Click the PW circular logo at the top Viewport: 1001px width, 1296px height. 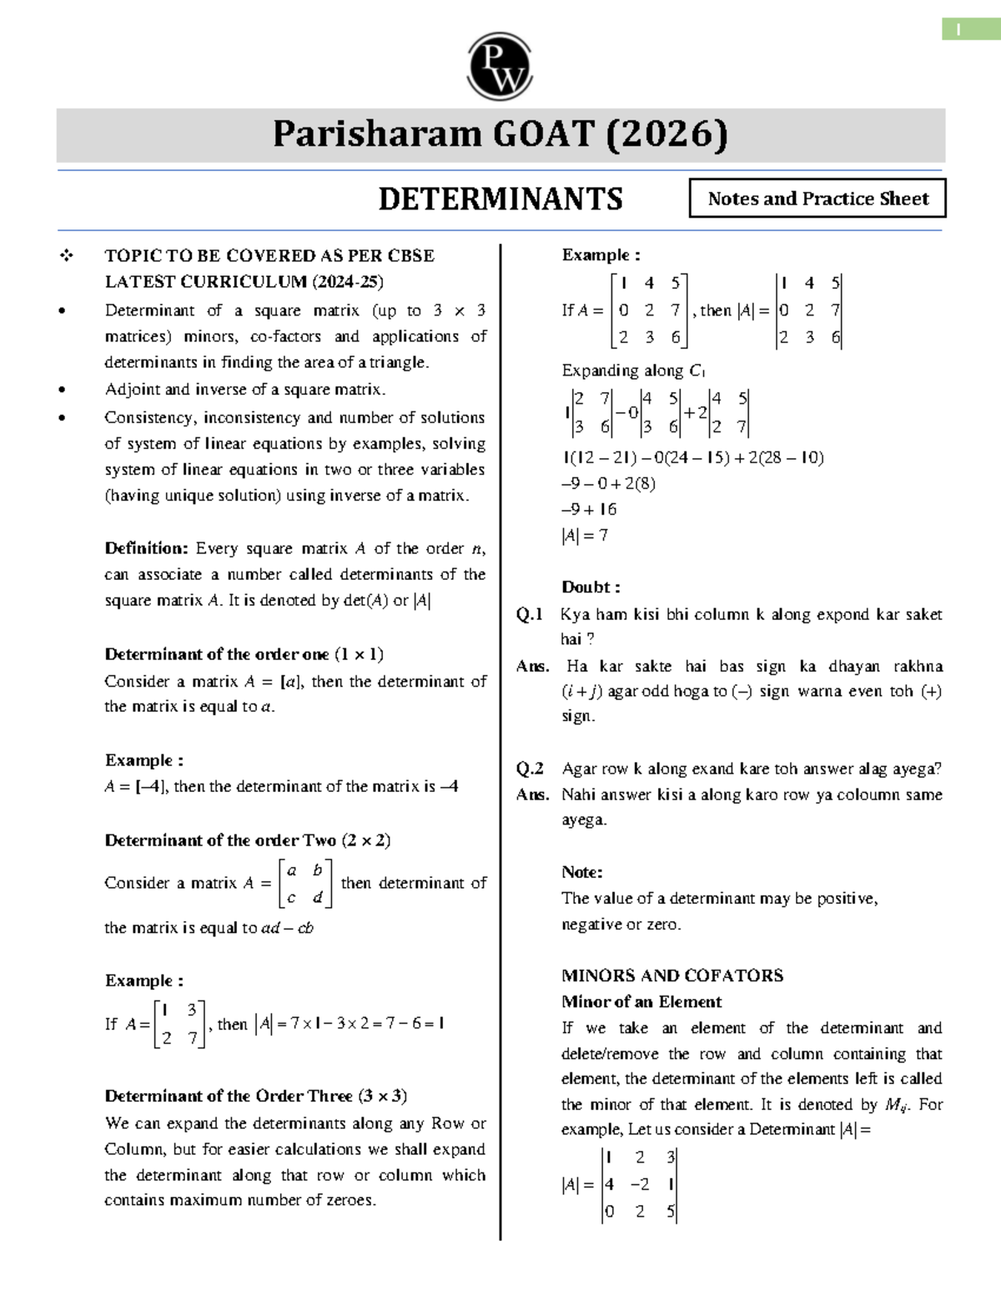pyautogui.click(x=500, y=67)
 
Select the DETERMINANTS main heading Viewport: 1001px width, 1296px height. pyautogui.click(x=500, y=199)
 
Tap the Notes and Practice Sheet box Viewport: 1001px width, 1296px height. pyautogui.click(x=817, y=199)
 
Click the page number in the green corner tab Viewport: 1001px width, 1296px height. pyautogui.click(x=958, y=30)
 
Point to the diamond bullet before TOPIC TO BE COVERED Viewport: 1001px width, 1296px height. pyautogui.click(x=66, y=256)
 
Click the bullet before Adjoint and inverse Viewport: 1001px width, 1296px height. pyautogui.click(x=63, y=390)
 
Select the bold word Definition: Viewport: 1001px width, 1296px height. pyautogui.click(x=146, y=548)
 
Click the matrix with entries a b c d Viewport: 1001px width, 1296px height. pyautogui.click(x=304, y=884)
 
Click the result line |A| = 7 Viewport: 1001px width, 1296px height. pyautogui.click(x=585, y=536)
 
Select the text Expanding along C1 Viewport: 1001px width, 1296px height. pyautogui.click(x=633, y=371)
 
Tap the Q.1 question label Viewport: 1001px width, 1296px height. pyautogui.click(x=529, y=615)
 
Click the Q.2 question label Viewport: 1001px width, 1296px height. pyautogui.click(x=529, y=769)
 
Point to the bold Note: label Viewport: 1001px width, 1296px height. pyautogui.click(x=581, y=872)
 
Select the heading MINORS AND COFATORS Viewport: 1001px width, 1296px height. pyautogui.click(x=672, y=976)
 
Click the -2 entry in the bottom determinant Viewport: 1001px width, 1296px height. pyautogui.click(x=640, y=1184)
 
